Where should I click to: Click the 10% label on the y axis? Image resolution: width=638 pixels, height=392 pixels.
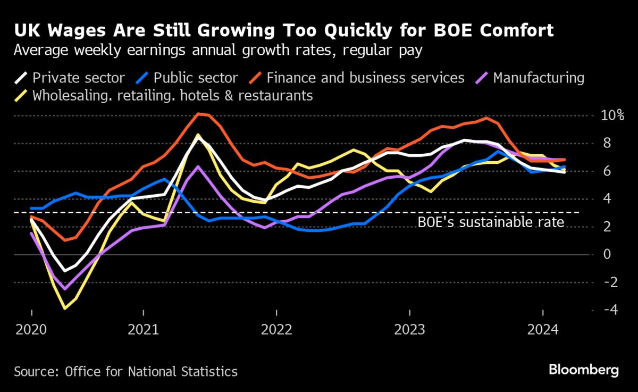click(611, 115)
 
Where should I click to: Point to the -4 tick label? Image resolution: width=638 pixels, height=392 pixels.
click(607, 310)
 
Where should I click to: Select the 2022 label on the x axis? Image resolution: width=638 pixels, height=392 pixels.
click(276, 330)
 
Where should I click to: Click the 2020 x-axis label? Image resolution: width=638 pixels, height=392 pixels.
click(31, 330)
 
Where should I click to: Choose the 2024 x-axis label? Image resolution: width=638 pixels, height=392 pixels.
click(542, 330)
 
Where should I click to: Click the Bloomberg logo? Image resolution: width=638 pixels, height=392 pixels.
click(583, 370)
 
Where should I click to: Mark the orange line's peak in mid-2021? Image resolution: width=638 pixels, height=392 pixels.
click(199, 113)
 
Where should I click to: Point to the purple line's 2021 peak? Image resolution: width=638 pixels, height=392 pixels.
click(198, 166)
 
